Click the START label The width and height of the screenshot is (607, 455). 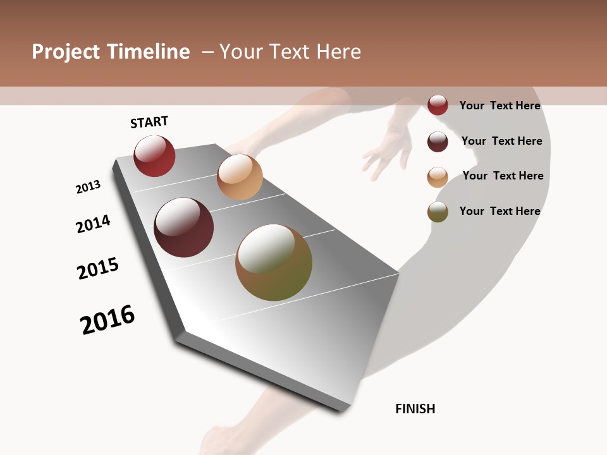149,122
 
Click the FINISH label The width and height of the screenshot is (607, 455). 415,409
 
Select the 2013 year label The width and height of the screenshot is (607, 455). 88,187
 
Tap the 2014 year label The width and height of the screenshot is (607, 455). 94,224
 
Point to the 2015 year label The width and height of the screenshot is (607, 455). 98,269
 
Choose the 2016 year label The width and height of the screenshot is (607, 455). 107,319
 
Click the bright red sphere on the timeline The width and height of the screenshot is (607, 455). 154,155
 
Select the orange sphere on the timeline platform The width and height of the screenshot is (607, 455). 240,177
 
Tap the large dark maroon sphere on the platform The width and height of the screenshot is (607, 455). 184,227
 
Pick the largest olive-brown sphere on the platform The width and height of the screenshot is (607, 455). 274,262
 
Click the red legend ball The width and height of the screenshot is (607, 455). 438,106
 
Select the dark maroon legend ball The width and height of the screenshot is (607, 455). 438,142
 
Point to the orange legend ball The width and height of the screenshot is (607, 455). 438,177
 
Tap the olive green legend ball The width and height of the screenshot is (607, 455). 438,212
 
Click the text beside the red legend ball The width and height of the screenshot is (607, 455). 500,106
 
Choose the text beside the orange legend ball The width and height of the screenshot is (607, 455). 503,176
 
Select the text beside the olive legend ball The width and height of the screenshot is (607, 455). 500,211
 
